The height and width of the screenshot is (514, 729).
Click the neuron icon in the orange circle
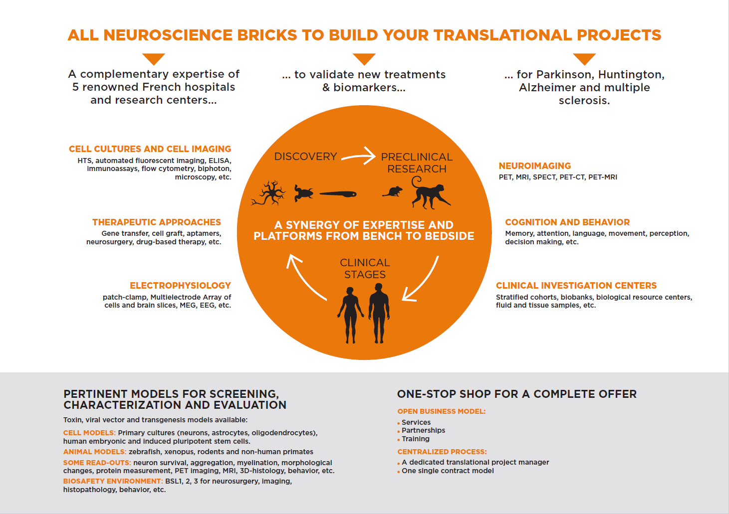(x=269, y=193)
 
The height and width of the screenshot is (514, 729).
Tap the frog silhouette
(x=303, y=193)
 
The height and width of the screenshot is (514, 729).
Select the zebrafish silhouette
(x=338, y=194)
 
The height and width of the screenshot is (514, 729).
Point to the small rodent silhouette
(x=393, y=192)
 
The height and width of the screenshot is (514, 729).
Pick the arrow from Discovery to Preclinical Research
(x=358, y=156)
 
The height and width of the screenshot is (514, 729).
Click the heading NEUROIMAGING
(x=534, y=166)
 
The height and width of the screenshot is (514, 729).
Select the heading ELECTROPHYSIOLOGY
(x=180, y=286)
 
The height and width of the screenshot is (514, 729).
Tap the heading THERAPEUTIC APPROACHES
(x=156, y=222)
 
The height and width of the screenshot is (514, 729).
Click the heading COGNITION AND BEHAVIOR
(x=567, y=222)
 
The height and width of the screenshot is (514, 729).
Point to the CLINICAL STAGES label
(x=365, y=269)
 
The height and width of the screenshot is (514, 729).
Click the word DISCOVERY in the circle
(x=305, y=157)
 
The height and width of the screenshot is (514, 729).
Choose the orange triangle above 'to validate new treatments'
(x=364, y=59)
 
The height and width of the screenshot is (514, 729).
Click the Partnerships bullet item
(x=423, y=431)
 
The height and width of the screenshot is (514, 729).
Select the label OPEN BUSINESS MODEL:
(x=441, y=411)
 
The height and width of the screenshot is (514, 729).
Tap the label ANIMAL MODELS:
(x=95, y=452)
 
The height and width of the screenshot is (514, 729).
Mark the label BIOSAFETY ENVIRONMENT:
(x=113, y=482)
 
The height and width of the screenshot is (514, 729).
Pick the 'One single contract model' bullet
(x=448, y=471)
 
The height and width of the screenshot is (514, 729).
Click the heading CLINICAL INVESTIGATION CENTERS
(x=576, y=286)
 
